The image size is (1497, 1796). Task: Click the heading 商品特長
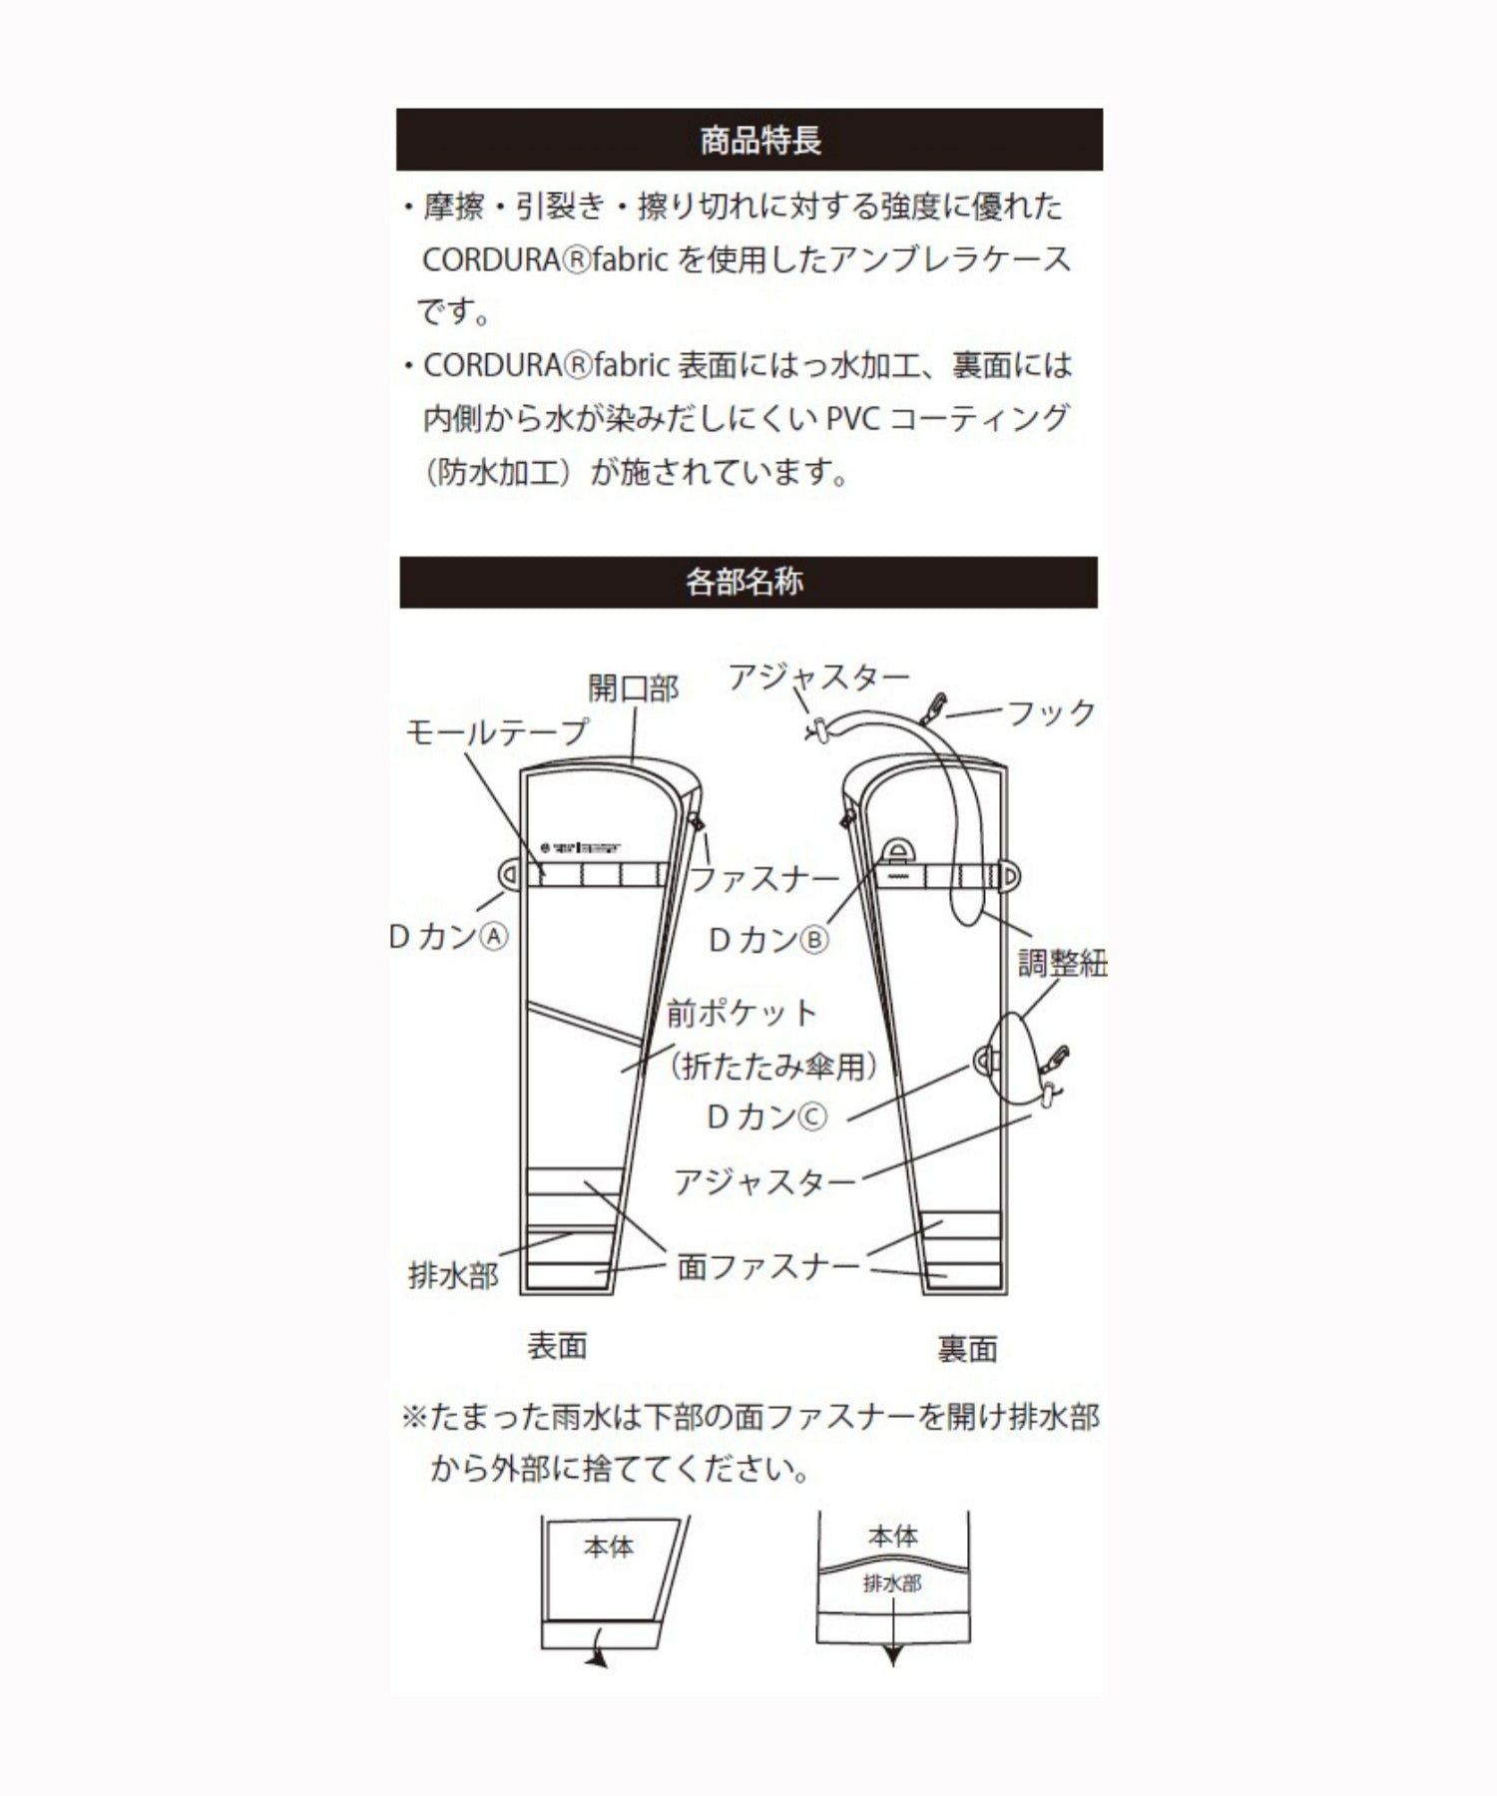pyautogui.click(x=760, y=140)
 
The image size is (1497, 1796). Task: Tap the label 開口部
pyautogui.click(x=633, y=687)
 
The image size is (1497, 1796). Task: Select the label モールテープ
pyautogui.click(x=496, y=732)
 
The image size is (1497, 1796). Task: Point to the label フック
pyautogui.click(x=1050, y=713)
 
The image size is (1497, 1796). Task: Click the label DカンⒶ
pyautogui.click(x=449, y=936)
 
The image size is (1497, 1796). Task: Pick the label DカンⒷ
pyautogui.click(x=767, y=939)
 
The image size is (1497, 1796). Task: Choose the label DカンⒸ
pyautogui.click(x=766, y=1117)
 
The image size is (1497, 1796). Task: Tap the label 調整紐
pyautogui.click(x=1061, y=963)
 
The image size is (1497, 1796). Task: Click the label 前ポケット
pyautogui.click(x=743, y=1014)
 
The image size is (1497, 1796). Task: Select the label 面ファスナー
pyautogui.click(x=767, y=1267)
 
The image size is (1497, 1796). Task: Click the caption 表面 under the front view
pyautogui.click(x=557, y=1346)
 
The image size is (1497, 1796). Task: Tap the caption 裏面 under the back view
pyautogui.click(x=967, y=1349)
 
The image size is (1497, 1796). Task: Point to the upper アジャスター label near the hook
pyautogui.click(x=818, y=677)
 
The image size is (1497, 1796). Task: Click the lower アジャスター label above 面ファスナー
pyautogui.click(x=764, y=1182)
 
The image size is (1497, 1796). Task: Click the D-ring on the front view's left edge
pyautogui.click(x=509, y=875)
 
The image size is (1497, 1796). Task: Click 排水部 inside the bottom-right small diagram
pyautogui.click(x=891, y=1583)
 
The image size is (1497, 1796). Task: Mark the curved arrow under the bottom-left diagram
pyautogui.click(x=596, y=1657)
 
